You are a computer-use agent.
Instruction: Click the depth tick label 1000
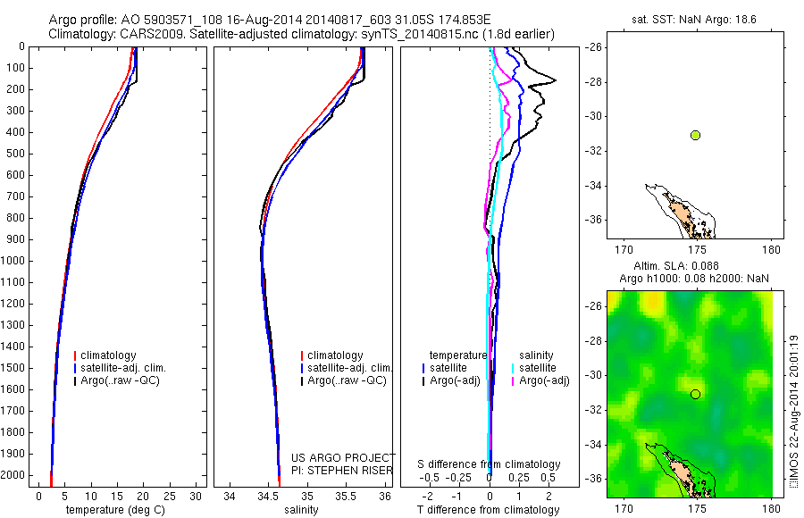point(13,261)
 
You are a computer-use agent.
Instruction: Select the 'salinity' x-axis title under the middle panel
point(301,510)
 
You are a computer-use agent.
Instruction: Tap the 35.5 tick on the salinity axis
point(346,496)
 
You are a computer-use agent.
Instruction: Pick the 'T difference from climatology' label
point(488,510)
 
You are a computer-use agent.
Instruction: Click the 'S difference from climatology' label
point(489,464)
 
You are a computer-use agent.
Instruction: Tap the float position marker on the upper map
point(695,135)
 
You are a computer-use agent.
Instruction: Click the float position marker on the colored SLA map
point(695,394)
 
